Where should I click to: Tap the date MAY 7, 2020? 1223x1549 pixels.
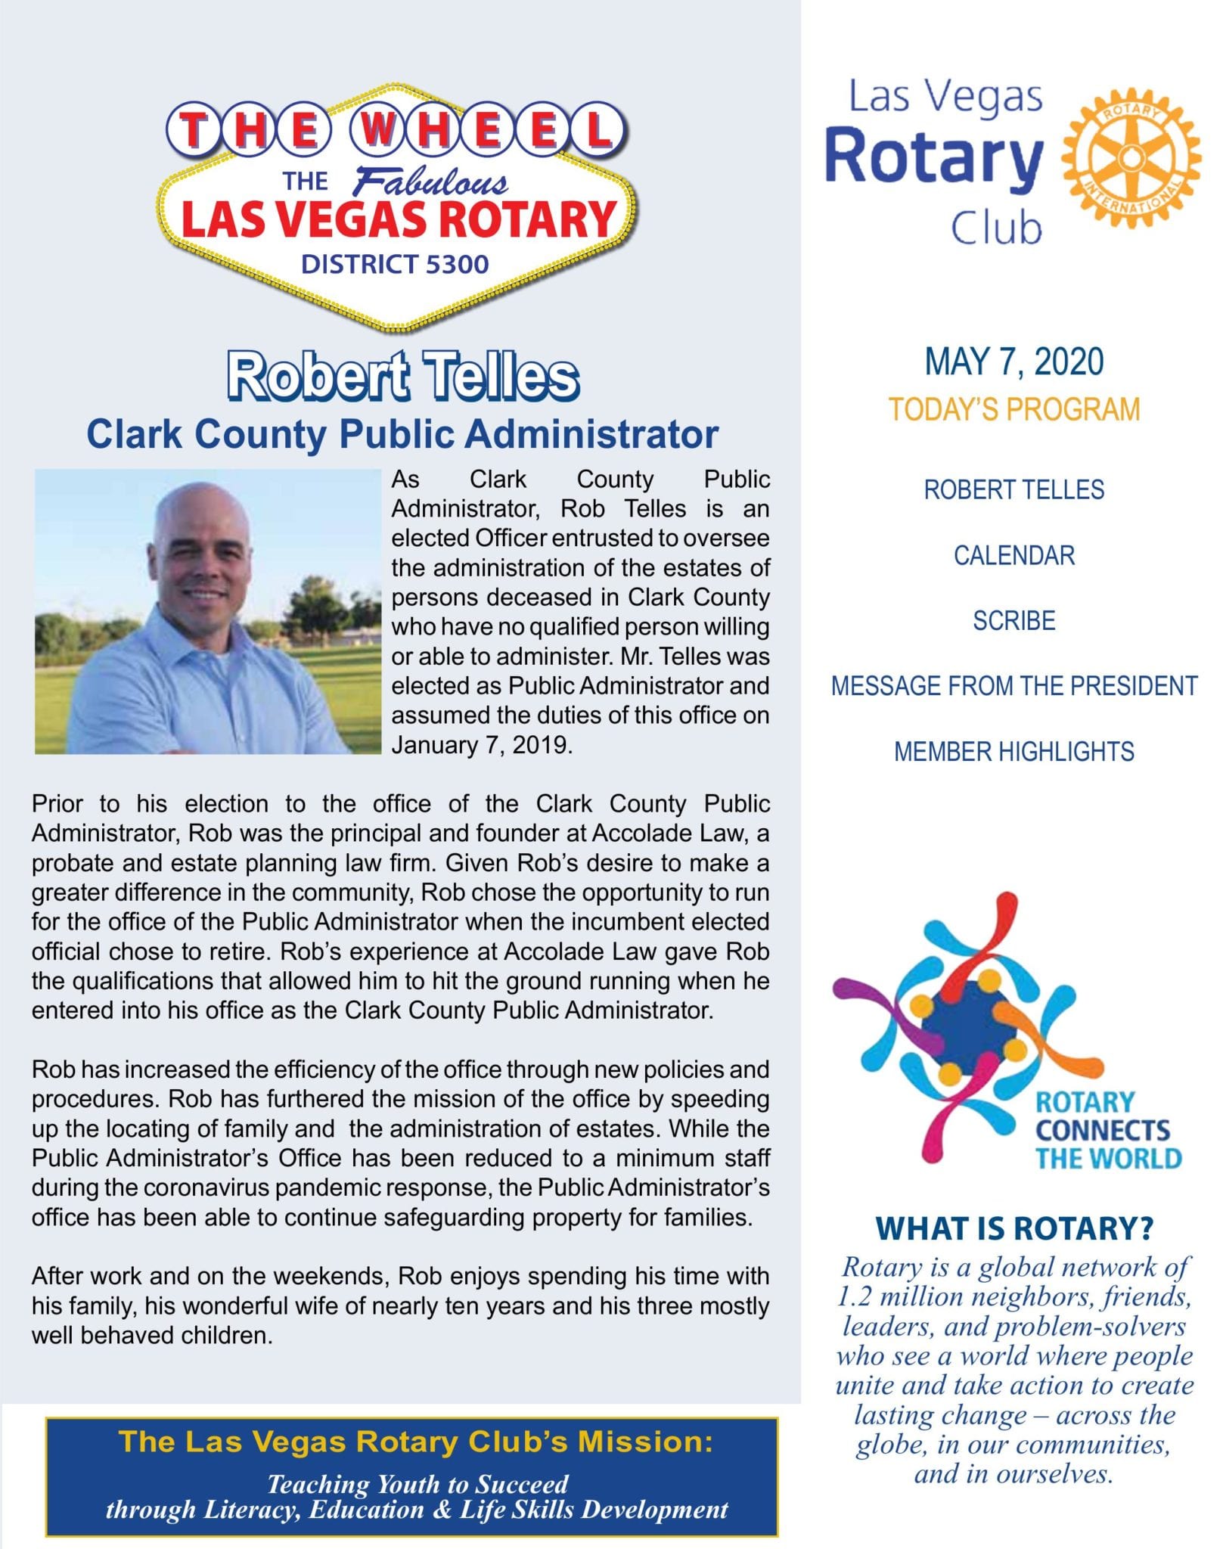tap(1013, 362)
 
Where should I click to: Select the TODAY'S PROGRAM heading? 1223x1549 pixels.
tap(1013, 409)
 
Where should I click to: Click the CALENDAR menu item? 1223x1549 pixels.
tap(1013, 555)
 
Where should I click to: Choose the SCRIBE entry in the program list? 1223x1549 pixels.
tap(1013, 620)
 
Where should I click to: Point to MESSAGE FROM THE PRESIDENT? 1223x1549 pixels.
tap(1013, 686)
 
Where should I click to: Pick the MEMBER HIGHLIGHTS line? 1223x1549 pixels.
tap(1013, 752)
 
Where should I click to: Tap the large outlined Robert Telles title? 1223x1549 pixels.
tap(403, 376)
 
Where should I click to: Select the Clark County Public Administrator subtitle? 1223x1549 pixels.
tap(402, 434)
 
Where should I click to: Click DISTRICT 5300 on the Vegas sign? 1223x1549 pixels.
tap(395, 265)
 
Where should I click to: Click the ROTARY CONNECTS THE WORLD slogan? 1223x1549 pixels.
tap(1107, 1130)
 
